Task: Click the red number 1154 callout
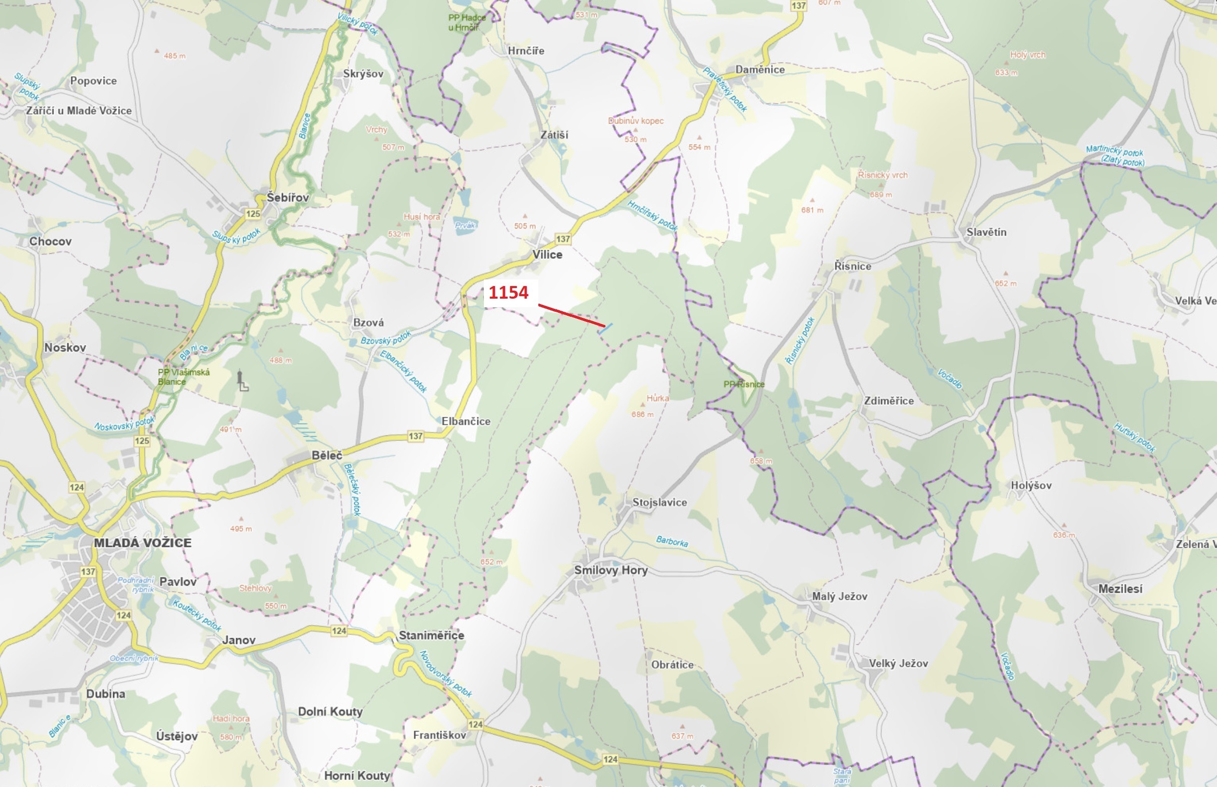point(508,292)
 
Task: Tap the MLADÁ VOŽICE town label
point(143,543)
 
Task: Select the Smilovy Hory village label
point(611,570)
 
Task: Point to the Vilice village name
point(547,254)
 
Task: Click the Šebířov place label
point(288,197)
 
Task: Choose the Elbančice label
point(466,421)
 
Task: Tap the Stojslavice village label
point(659,502)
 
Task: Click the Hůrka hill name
point(657,398)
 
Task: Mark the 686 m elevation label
point(642,415)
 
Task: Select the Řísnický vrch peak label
point(882,175)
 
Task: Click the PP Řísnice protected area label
point(744,384)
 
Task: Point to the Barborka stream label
point(672,541)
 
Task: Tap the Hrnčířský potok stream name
point(652,215)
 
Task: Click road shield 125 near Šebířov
point(253,213)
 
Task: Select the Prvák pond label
point(465,225)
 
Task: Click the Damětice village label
point(759,70)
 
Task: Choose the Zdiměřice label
point(889,401)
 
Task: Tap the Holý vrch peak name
point(1027,54)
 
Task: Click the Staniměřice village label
point(431,635)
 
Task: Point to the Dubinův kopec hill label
point(636,121)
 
